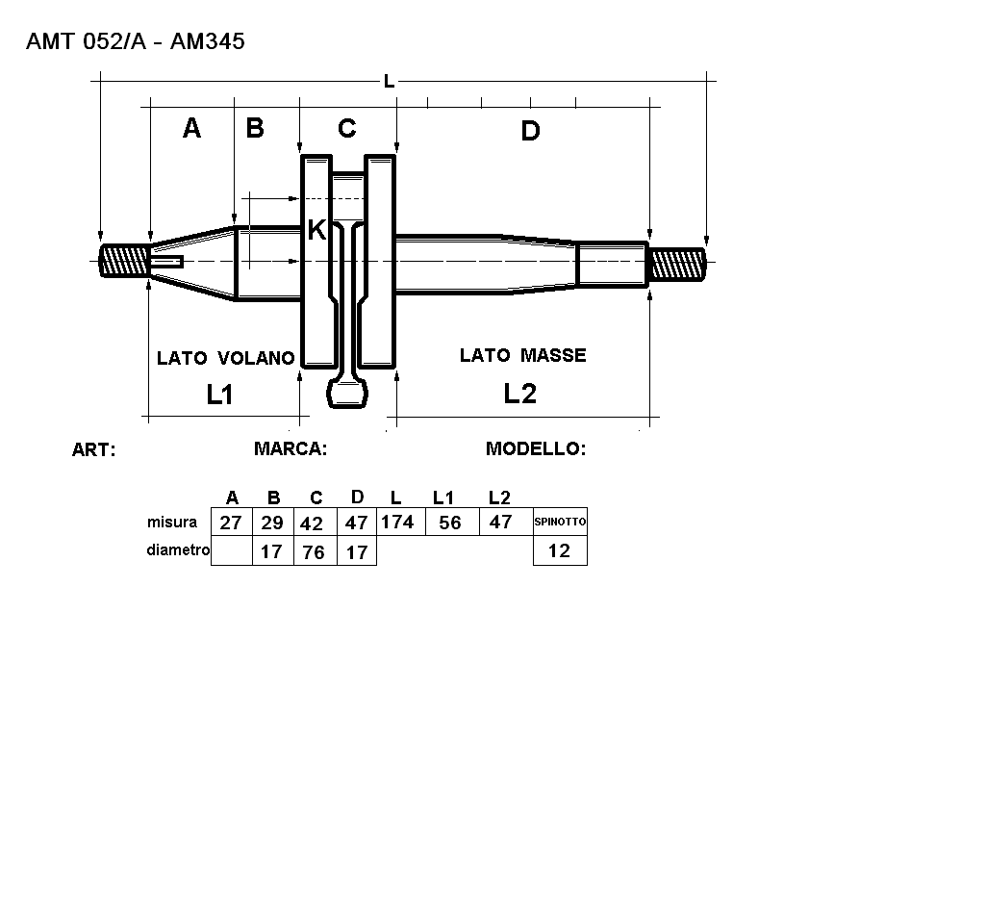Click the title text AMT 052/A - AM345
(136, 41)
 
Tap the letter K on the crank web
(316, 230)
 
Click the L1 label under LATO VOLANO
(220, 395)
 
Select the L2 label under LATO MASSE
(520, 394)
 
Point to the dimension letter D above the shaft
(530, 131)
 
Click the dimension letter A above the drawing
(191, 128)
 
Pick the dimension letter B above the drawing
(255, 128)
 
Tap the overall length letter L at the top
(390, 81)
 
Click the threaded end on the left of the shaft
(124, 261)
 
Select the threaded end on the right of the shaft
(678, 265)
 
